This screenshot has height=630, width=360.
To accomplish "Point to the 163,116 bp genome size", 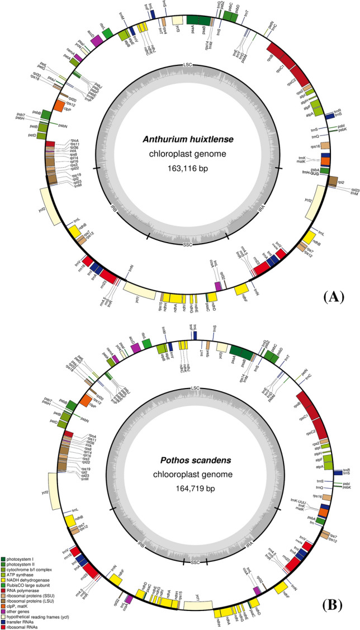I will pos(187,167).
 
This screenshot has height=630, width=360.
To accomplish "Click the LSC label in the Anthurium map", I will pos(187,65).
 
